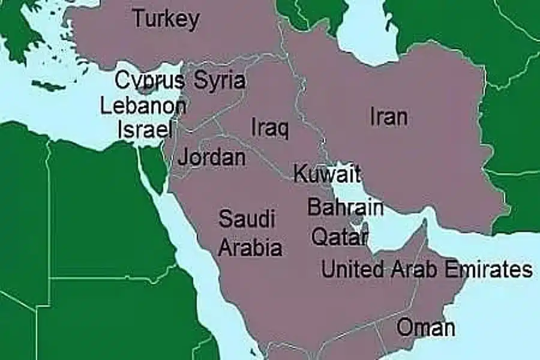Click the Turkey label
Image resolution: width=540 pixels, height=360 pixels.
(166, 19)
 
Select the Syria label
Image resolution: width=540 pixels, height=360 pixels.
(220, 80)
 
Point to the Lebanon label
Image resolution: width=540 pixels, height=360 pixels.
(143, 106)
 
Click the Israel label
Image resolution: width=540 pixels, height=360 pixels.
(145, 130)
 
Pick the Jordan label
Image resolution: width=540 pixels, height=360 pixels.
(212, 158)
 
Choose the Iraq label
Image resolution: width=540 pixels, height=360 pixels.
(269, 127)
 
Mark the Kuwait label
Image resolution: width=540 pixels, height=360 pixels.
(327, 174)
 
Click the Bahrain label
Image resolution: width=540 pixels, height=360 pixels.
(345, 207)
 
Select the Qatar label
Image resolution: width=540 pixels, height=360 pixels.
(339, 236)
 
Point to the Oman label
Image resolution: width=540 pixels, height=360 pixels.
(426, 328)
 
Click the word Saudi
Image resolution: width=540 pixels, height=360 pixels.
(247, 219)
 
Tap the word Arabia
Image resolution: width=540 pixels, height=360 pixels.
(250, 247)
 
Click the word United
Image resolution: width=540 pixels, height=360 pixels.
(353, 269)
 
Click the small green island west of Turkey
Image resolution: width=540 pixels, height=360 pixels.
(48, 86)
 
